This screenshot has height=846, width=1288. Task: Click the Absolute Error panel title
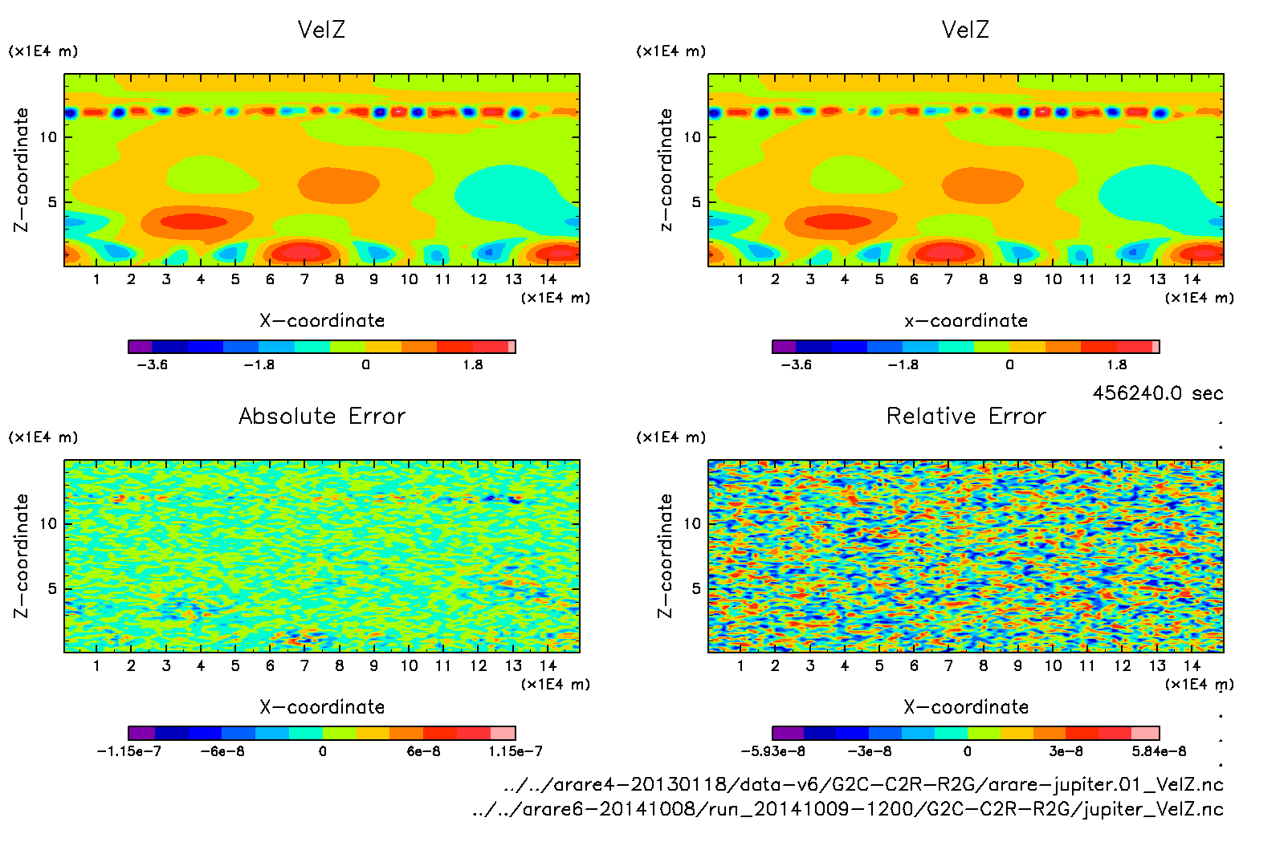click(322, 416)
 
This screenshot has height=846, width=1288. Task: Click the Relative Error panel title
click(966, 416)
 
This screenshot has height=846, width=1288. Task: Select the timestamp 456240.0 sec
click(1157, 393)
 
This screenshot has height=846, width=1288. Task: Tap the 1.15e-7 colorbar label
click(516, 751)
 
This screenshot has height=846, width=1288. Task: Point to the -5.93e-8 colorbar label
click(772, 751)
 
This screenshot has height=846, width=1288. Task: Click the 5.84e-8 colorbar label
click(1159, 751)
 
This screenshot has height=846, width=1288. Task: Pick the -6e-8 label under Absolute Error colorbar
click(222, 751)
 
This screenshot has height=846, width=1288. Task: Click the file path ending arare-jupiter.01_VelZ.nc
click(863, 784)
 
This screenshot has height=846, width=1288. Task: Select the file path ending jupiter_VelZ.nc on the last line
click(848, 809)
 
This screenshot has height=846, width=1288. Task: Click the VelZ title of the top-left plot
click(321, 30)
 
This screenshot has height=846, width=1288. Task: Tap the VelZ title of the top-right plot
click(965, 30)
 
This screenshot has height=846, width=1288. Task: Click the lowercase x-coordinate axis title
click(966, 321)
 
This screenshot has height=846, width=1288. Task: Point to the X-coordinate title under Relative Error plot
click(966, 707)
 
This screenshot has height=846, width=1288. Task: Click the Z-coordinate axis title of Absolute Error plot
click(22, 555)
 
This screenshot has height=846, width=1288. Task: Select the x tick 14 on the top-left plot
click(548, 279)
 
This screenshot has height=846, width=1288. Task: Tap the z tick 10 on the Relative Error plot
click(692, 523)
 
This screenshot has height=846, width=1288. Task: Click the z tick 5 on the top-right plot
click(696, 202)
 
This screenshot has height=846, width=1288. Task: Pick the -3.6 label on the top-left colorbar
click(152, 365)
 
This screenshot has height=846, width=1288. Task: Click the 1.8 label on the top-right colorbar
click(1117, 365)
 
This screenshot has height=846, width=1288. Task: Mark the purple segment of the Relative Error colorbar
click(788, 733)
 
